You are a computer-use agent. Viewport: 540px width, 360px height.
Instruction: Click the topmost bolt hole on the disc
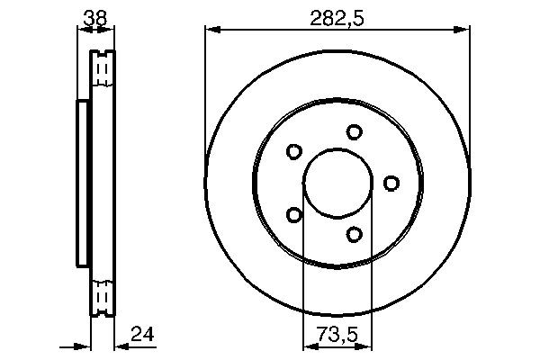[355, 131]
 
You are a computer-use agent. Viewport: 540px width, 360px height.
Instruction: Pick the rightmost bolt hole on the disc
[391, 184]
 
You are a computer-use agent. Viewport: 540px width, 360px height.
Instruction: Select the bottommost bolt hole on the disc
[355, 235]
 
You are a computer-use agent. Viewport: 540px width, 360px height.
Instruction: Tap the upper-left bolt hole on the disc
[293, 151]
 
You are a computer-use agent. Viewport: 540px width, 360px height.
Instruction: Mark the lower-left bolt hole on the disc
[293, 215]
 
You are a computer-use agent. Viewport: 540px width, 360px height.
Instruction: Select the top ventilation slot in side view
[103, 68]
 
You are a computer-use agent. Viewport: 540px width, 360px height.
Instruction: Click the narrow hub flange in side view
[82, 184]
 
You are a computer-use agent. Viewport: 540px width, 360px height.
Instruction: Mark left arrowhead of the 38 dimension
[81, 30]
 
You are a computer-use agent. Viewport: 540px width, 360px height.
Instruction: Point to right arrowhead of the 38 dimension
[111, 30]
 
